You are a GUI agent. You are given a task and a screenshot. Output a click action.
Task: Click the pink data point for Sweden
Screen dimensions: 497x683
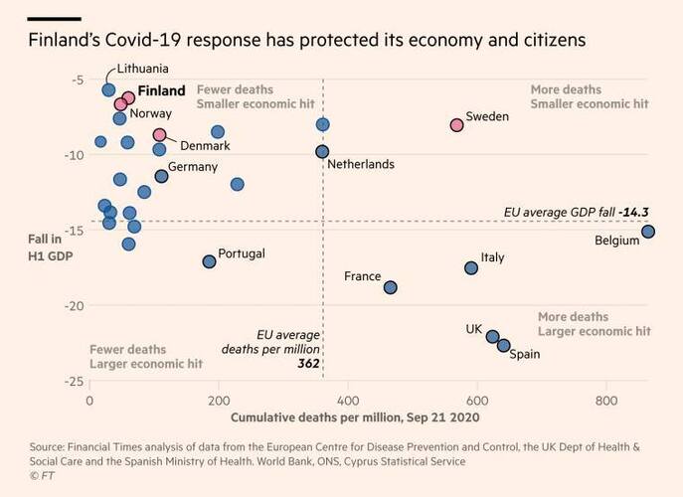click(456, 124)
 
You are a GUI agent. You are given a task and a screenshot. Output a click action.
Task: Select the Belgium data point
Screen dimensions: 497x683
click(648, 232)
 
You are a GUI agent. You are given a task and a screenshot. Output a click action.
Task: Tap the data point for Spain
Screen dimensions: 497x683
click(504, 345)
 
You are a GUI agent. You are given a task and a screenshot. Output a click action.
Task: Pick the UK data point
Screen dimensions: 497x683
click(492, 336)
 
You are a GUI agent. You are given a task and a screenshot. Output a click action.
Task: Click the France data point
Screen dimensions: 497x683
click(391, 287)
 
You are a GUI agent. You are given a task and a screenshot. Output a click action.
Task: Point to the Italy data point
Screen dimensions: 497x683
click(471, 267)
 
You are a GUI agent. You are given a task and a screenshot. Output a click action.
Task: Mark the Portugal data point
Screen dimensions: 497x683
click(209, 261)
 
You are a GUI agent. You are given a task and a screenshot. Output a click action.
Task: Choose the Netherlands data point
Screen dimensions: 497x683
click(322, 151)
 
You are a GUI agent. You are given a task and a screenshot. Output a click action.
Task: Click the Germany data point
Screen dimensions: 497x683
click(161, 176)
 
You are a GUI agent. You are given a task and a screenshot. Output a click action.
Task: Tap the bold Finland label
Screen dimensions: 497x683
click(161, 90)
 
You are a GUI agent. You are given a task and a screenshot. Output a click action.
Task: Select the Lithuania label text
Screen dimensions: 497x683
click(142, 69)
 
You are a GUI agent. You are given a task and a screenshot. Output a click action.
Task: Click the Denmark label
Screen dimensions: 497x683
click(206, 145)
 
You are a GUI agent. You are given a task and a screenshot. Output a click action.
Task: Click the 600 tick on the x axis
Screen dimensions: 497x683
click(476, 400)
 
